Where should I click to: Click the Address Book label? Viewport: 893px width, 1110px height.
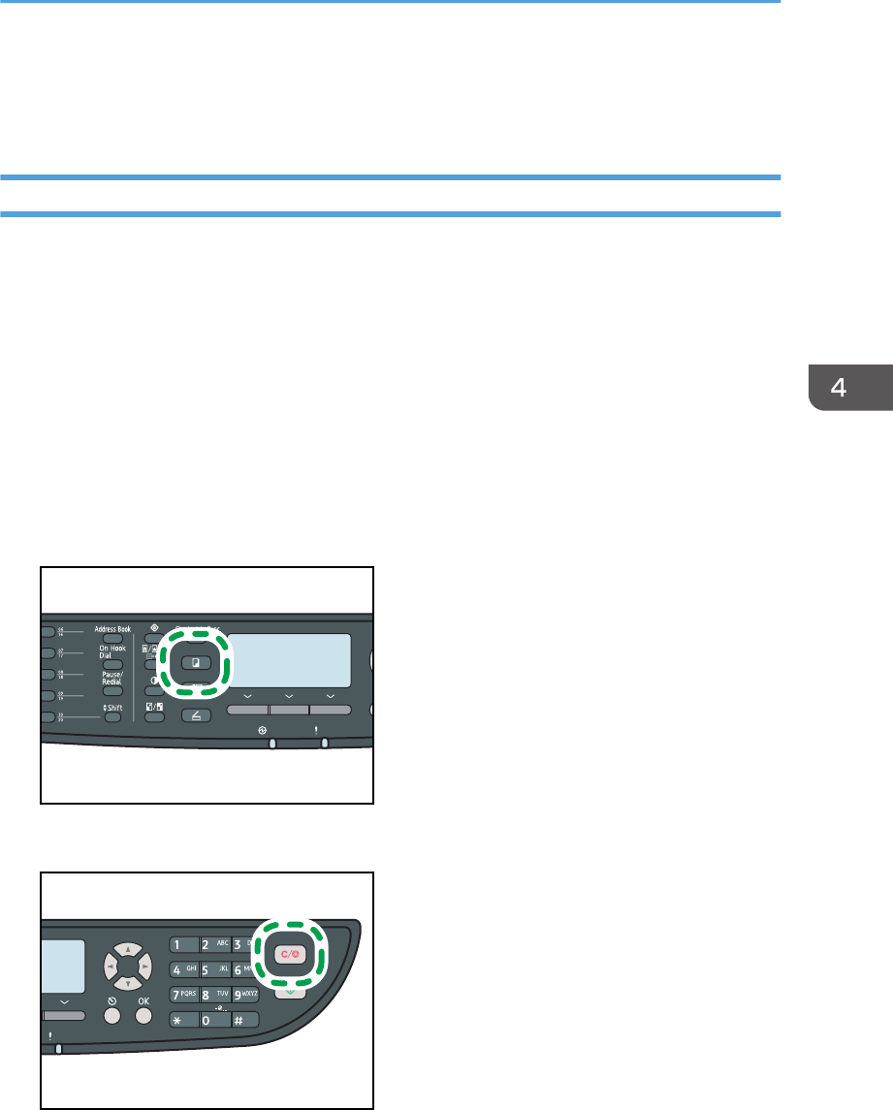click(113, 629)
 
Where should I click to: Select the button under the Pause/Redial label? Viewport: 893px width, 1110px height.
click(112, 691)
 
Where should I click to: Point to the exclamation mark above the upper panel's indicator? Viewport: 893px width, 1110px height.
click(325, 728)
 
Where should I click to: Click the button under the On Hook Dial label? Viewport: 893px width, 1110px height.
click(112, 666)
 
